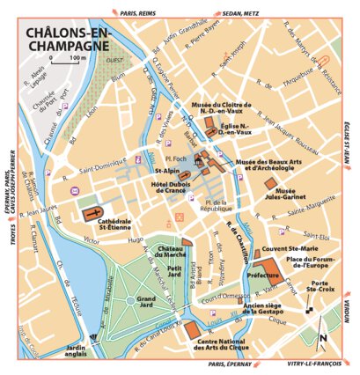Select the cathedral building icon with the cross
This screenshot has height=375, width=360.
coord(92,214)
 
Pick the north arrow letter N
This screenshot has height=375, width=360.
coord(324,338)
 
